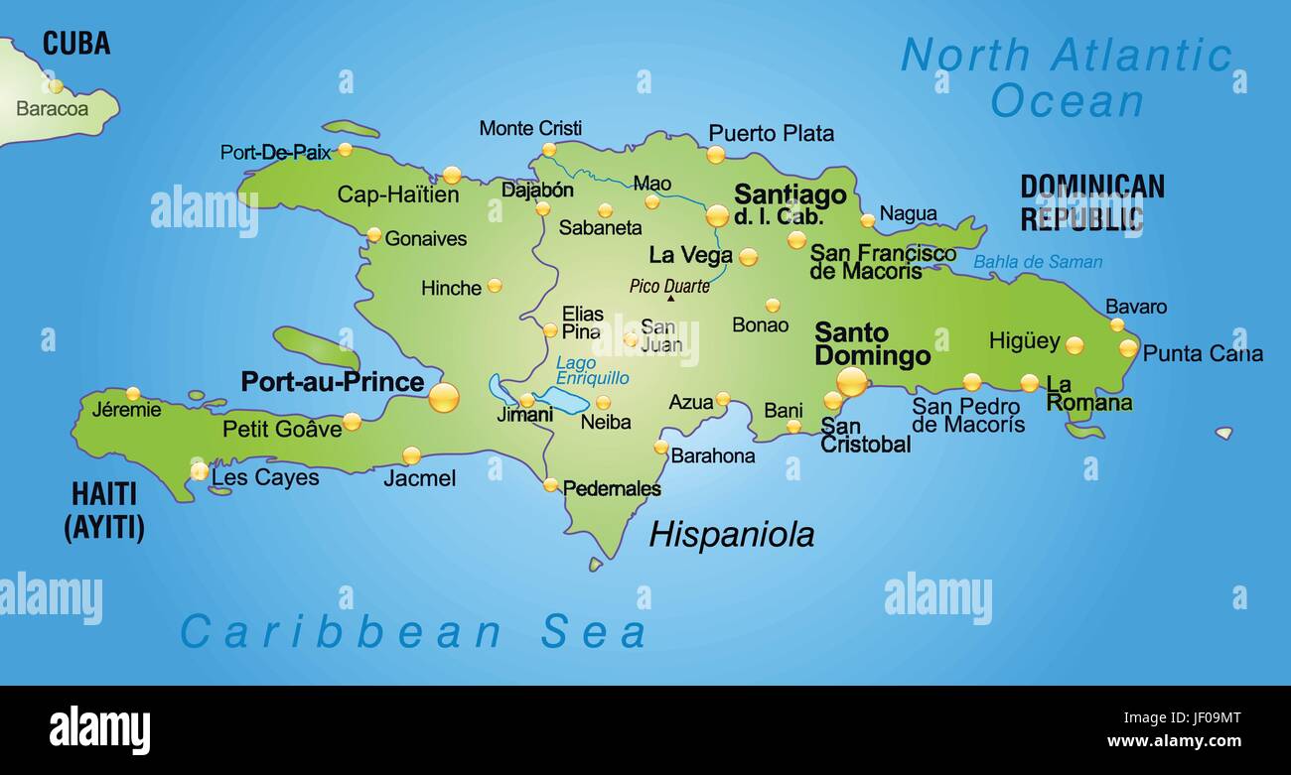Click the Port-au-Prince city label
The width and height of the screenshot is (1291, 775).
(x=332, y=382)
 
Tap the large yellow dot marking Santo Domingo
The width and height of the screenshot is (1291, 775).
(x=851, y=381)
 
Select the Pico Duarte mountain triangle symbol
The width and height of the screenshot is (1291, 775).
(x=670, y=298)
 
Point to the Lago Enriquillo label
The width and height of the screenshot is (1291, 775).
(x=592, y=370)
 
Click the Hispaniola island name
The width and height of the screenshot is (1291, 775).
(x=731, y=535)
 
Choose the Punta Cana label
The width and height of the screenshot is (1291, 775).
(x=1203, y=353)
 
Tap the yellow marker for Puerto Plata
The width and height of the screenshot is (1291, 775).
(x=715, y=155)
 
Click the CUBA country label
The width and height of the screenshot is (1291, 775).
(x=76, y=44)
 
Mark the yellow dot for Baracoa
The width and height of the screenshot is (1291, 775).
(x=56, y=86)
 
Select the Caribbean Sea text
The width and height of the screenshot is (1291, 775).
(x=413, y=632)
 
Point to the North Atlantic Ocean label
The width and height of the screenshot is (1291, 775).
(x=1067, y=77)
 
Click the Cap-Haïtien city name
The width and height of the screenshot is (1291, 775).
(x=398, y=194)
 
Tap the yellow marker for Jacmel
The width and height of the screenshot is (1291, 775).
(x=411, y=455)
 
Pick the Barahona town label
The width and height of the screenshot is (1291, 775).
(x=713, y=456)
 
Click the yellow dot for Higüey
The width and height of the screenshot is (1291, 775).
(x=1074, y=345)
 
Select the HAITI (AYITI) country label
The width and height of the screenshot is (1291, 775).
(x=104, y=510)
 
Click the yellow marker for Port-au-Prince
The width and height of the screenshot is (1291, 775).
(x=444, y=397)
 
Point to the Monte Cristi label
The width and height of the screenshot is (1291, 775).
(x=530, y=129)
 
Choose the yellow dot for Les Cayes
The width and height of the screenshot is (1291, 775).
(x=200, y=470)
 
